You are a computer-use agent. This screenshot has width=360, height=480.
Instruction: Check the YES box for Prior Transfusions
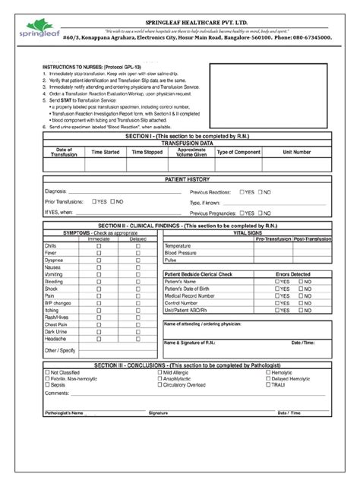pyautogui.click(x=93, y=202)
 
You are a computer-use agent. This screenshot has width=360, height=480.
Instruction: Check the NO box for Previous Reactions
pyautogui.click(x=267, y=191)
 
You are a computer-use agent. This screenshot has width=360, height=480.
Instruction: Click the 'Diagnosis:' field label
pyautogui.click(x=56, y=191)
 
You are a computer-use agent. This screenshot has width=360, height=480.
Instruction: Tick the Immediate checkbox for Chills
pyautogui.click(x=99, y=247)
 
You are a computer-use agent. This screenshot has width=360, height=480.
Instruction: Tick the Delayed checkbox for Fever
pyautogui.click(x=138, y=254)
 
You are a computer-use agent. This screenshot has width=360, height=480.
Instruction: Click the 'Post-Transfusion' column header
pyautogui.click(x=311, y=239)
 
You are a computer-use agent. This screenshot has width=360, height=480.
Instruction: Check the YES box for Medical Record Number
pyautogui.click(x=277, y=295)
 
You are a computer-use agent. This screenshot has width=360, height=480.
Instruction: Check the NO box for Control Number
pyautogui.click(x=302, y=302)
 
